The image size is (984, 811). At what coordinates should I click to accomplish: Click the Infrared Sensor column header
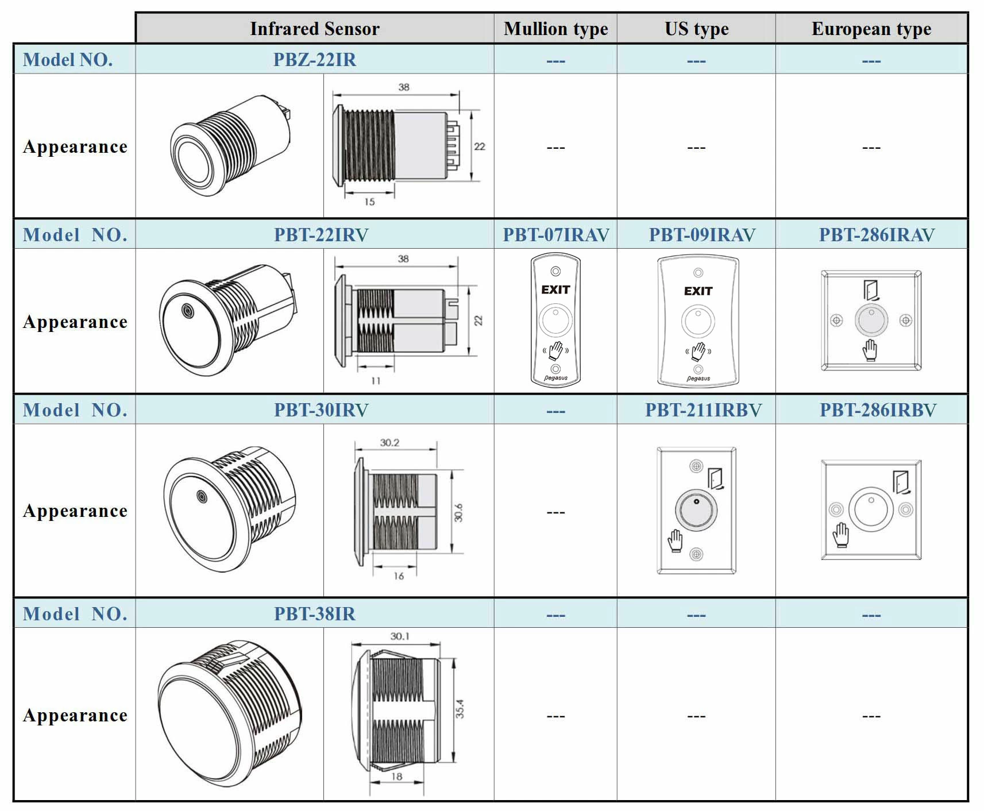tap(314, 29)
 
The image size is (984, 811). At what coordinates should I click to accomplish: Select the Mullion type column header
tap(555, 29)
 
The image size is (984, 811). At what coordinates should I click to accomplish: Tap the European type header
tap(871, 29)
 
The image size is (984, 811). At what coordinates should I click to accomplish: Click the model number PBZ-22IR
tap(314, 60)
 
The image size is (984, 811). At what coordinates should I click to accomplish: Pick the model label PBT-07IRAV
tap(555, 235)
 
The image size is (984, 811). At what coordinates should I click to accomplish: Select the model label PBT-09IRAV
tap(702, 235)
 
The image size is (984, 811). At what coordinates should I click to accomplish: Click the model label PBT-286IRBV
tap(877, 410)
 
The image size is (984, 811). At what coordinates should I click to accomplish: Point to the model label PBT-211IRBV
tap(703, 410)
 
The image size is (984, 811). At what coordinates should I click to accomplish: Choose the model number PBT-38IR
tap(314, 614)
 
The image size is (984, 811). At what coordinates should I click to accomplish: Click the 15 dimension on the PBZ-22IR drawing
tap(369, 202)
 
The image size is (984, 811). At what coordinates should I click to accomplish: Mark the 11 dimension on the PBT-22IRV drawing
tap(376, 380)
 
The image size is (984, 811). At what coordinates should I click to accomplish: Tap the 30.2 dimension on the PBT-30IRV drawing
tap(389, 443)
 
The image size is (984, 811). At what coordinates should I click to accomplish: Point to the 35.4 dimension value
tap(460, 709)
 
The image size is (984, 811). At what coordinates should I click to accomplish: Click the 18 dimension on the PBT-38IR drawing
tap(396, 777)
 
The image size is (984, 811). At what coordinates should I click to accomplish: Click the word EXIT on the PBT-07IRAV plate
tap(555, 289)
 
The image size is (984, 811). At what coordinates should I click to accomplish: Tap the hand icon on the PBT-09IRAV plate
tap(698, 351)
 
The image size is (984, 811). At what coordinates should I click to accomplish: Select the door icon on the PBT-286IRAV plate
tap(871, 289)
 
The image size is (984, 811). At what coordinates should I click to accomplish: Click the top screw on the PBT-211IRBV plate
tap(696, 466)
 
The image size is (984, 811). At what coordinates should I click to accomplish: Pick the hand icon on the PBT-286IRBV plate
tap(840, 535)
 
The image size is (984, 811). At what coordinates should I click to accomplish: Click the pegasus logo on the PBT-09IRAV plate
tap(699, 379)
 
